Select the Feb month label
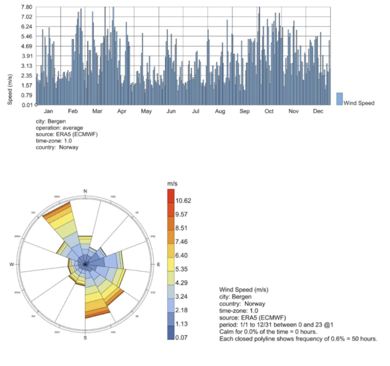coord(73,112)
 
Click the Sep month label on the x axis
coord(245,112)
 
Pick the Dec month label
coord(318,112)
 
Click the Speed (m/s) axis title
coord(10,89)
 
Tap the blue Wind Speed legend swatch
coord(339,99)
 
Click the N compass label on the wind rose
coord(85,191)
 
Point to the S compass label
coord(85,338)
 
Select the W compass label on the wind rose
coord(11,265)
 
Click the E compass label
coord(158,265)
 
